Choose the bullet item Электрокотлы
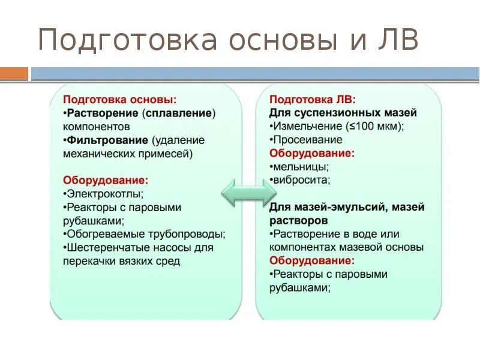coord(104,194)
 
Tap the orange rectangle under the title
coord(14,74)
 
